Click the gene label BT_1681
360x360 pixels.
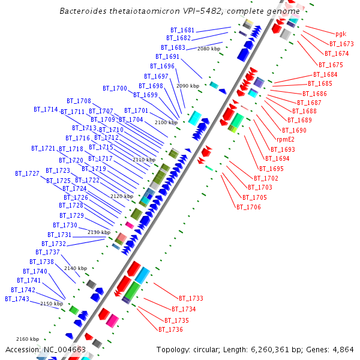182,30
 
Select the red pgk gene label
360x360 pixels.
341,34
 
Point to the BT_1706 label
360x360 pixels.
248,207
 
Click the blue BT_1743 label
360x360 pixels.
17,299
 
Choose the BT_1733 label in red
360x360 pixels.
191,298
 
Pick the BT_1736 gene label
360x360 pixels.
170,329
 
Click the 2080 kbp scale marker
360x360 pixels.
209,49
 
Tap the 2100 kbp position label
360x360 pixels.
166,122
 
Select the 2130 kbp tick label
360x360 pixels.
99,232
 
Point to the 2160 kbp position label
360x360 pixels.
28,339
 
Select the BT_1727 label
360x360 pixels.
27,173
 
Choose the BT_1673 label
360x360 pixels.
341,44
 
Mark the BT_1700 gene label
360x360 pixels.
115,88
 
